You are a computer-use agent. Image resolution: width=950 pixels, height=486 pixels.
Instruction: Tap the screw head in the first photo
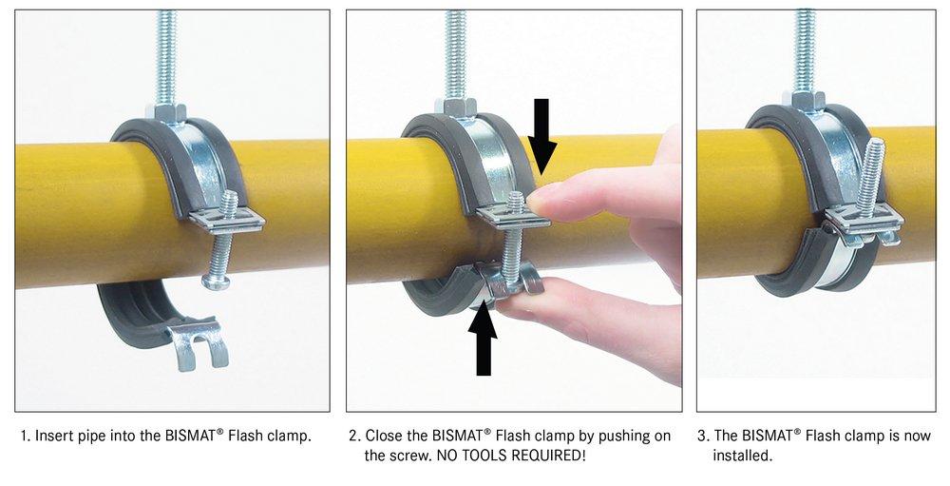click(x=216, y=281)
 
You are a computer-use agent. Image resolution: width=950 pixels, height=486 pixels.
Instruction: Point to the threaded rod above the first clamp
click(x=167, y=52)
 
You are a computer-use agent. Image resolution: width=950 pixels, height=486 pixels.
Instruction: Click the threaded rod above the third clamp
click(x=805, y=48)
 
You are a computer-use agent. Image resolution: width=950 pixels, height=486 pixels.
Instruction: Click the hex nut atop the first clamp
click(x=169, y=112)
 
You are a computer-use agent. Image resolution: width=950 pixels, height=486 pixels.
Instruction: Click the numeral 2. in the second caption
click(x=354, y=437)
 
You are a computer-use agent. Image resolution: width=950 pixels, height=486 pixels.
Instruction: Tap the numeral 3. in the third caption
click(x=703, y=437)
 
